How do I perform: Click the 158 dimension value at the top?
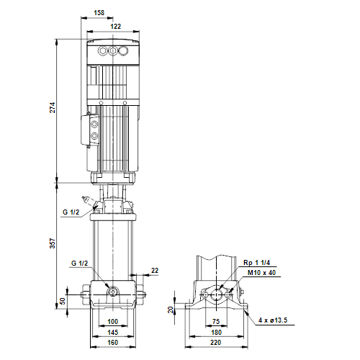[x=99, y=12]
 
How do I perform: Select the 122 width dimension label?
[x=116, y=26]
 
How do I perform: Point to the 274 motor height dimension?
[x=53, y=107]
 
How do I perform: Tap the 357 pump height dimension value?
[x=53, y=243]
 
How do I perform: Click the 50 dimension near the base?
[x=63, y=301]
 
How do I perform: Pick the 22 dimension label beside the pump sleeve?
[x=155, y=271]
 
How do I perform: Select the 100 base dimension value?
[x=112, y=321]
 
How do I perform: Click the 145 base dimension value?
[x=112, y=332]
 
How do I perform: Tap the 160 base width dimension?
[x=112, y=343]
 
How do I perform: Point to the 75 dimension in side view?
[x=216, y=321]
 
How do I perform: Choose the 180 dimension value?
[x=216, y=332]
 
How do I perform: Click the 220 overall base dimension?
[x=216, y=343]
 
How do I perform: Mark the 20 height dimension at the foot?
[x=171, y=310]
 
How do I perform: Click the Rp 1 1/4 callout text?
[x=256, y=263]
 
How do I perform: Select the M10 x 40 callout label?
[x=261, y=273]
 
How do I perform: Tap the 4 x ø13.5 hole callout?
[x=273, y=320]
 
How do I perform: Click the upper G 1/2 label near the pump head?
[x=71, y=212]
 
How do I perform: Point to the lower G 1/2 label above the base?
[x=80, y=264]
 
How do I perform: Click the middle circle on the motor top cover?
[x=113, y=51]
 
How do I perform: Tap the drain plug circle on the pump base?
[x=113, y=292]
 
